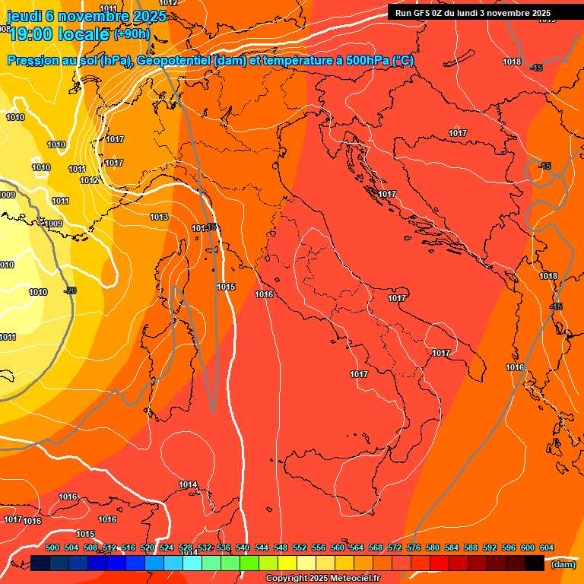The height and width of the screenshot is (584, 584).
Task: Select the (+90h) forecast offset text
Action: (x=132, y=34)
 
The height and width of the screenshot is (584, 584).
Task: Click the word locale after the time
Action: (x=84, y=34)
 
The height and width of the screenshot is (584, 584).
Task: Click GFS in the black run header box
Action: (x=427, y=13)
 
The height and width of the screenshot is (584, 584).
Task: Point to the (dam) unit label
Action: (x=563, y=563)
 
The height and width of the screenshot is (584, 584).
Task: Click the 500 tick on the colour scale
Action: (x=52, y=547)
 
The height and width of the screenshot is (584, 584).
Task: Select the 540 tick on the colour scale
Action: (x=243, y=547)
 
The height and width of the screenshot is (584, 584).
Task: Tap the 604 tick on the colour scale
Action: (x=546, y=547)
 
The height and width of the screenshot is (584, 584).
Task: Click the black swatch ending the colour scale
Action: (x=535, y=563)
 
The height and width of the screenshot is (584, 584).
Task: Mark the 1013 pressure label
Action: (x=159, y=217)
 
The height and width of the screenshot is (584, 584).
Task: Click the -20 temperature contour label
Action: (x=70, y=290)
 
